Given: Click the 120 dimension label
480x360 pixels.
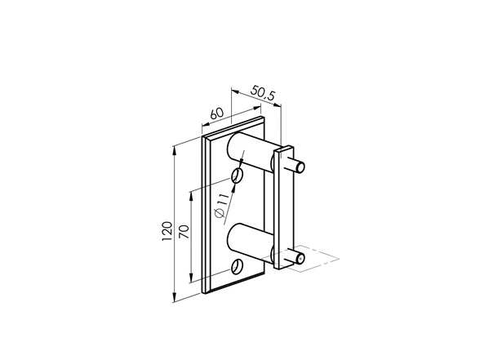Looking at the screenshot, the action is coord(167,231).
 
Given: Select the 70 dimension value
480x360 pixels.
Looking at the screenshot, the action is coord(184,232).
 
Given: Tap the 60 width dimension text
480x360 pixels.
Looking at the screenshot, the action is coord(217,113).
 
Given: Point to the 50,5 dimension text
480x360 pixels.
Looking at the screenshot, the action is coord(263,93).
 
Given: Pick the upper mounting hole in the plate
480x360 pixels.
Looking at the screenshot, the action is coord(237,176).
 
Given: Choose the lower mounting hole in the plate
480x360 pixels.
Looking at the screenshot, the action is coord(238,267).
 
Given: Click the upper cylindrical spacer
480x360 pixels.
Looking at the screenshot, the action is coord(250,150).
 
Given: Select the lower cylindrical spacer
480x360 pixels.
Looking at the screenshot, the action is coord(250,242).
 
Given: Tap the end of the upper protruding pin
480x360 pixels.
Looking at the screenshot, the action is coord(301,167).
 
